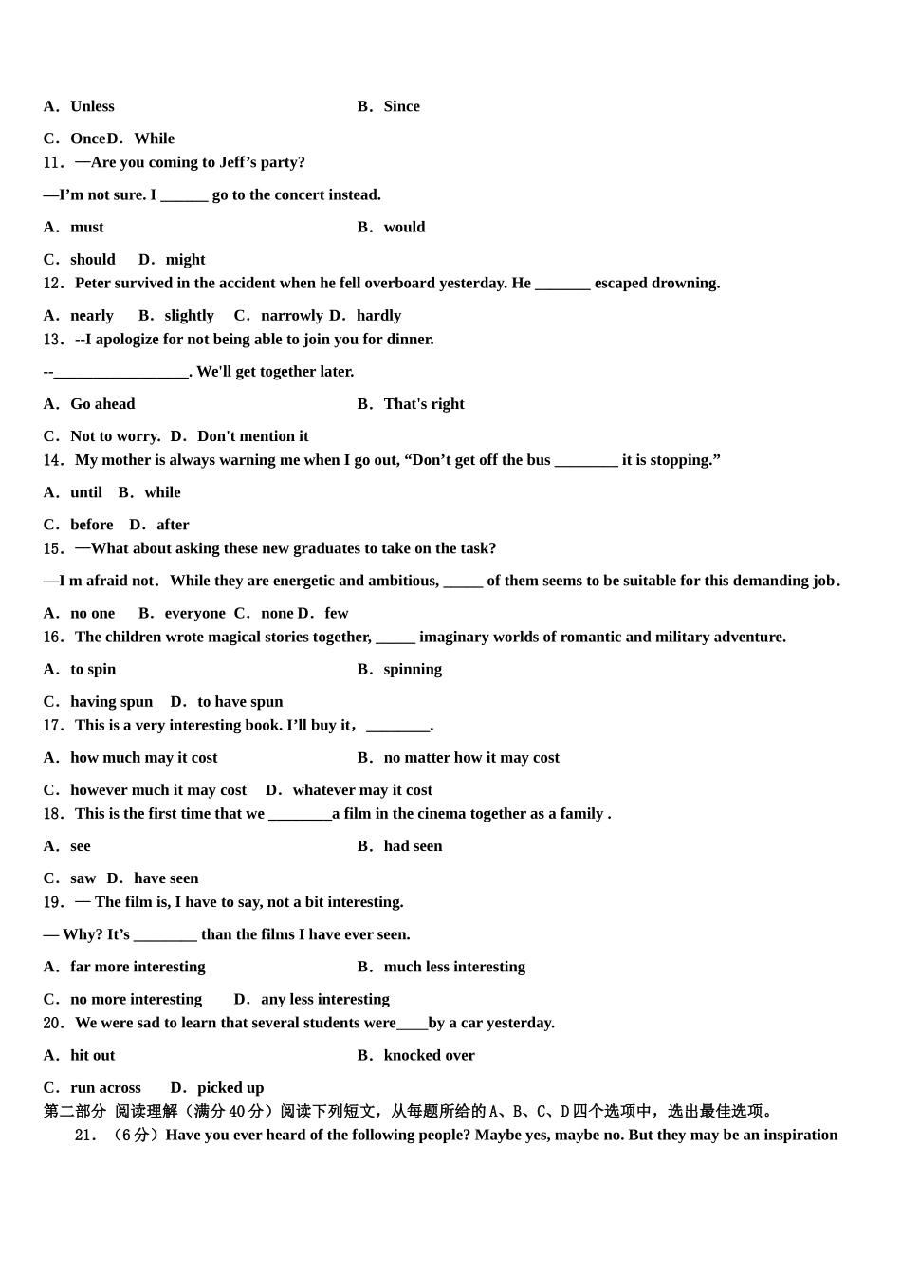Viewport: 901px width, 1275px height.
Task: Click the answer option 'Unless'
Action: [x=92, y=106]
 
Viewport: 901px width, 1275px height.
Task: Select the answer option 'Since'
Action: [x=401, y=106]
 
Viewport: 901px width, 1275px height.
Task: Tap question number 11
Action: [x=54, y=162]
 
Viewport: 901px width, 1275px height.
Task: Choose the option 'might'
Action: [x=185, y=259]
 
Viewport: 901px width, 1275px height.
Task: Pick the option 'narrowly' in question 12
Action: [x=291, y=315]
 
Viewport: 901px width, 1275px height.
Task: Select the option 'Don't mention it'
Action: [x=252, y=435]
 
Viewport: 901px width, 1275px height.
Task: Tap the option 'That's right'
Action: [x=424, y=403]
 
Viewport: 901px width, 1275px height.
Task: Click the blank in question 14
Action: [x=585, y=460]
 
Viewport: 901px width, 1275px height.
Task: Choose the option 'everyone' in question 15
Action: [x=194, y=613]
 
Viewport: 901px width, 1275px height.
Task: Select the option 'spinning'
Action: [x=413, y=669]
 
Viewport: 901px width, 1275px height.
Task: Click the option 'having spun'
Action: [x=111, y=701]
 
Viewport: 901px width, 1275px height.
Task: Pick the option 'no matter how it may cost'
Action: [x=471, y=757]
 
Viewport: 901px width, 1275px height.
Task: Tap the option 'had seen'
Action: [x=413, y=845]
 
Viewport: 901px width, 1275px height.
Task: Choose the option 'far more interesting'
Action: [x=138, y=967]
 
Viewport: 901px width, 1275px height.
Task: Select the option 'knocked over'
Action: [x=429, y=1055]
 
